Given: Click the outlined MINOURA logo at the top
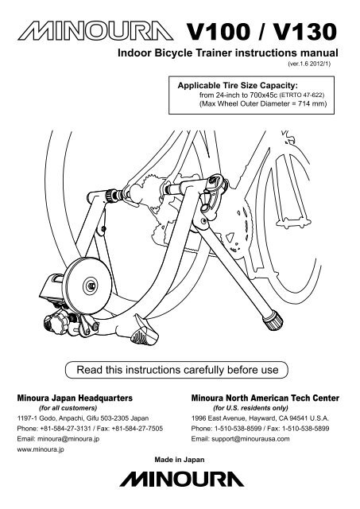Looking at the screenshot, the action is click(x=95, y=31).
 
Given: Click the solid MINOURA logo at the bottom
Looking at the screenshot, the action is click(x=182, y=479).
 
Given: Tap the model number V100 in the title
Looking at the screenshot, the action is click(x=219, y=32).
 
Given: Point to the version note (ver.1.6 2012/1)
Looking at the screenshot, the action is click(x=309, y=64).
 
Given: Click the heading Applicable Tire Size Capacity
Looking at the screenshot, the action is click(x=238, y=85).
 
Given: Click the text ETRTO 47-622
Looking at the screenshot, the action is click(x=302, y=95).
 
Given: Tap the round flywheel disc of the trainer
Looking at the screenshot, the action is click(x=88, y=286).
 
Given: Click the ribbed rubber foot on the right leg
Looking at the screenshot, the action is click(x=273, y=320).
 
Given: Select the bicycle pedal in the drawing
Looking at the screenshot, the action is click(x=295, y=224).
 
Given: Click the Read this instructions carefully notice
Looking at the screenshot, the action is click(x=177, y=370).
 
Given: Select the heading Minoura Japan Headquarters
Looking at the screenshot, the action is click(x=75, y=398).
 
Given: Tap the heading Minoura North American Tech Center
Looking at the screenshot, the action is click(x=265, y=398).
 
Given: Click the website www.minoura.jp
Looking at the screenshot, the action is click(x=41, y=449).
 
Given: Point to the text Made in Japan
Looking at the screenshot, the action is click(x=180, y=460).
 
